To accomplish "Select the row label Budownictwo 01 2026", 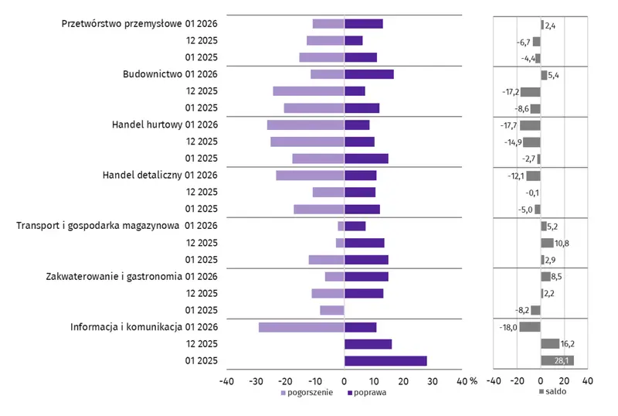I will click(x=171, y=74).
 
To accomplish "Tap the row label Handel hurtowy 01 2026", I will click(x=165, y=125).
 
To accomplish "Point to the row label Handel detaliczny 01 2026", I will click(x=160, y=176).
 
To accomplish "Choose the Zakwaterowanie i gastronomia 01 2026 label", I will click(x=133, y=276).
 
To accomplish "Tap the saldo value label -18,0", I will click(x=508, y=327).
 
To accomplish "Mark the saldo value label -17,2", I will click(x=510, y=92).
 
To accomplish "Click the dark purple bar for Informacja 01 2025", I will click(x=385, y=361).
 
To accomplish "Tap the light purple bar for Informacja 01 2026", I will click(x=301, y=327).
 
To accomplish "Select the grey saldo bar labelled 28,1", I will click(x=557, y=361).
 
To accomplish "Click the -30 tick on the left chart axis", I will click(x=256, y=380).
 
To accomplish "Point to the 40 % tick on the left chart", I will click(x=467, y=380).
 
